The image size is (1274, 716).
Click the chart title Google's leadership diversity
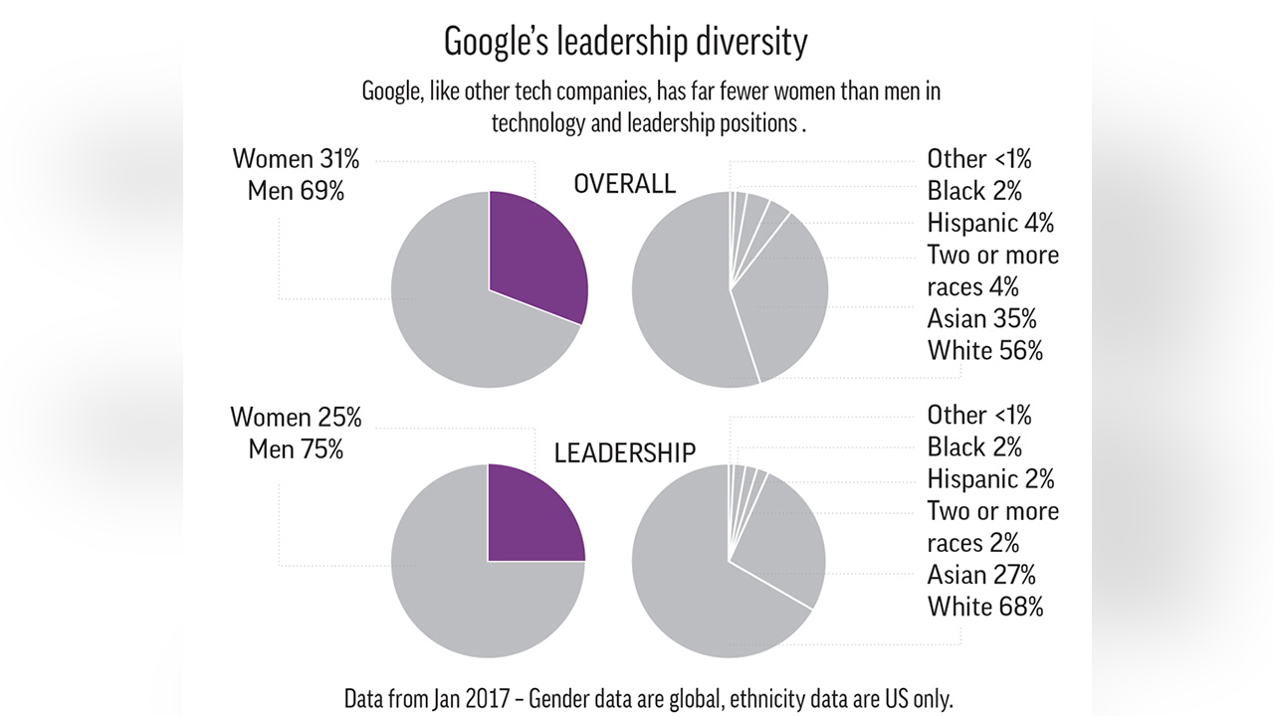pos(625,42)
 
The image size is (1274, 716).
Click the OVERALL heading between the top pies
pos(625,184)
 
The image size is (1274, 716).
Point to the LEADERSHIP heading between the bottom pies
pos(625,452)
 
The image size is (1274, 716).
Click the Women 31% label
pos(297,159)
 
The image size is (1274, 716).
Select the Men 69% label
pos(297,191)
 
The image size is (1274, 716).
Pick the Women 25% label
pos(296,418)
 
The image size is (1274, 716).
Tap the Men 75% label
pos(296,449)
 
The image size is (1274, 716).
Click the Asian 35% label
pos(981,318)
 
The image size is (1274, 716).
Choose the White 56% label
pos(984,350)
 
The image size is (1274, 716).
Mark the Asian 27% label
pos(981,575)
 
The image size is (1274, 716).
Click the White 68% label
pos(985,607)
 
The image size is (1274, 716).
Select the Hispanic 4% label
pos(989,222)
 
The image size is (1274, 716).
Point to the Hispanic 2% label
pos(989,479)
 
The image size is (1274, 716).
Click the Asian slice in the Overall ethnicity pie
pos(786,298)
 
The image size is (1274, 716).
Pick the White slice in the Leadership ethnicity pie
pos(697,587)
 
